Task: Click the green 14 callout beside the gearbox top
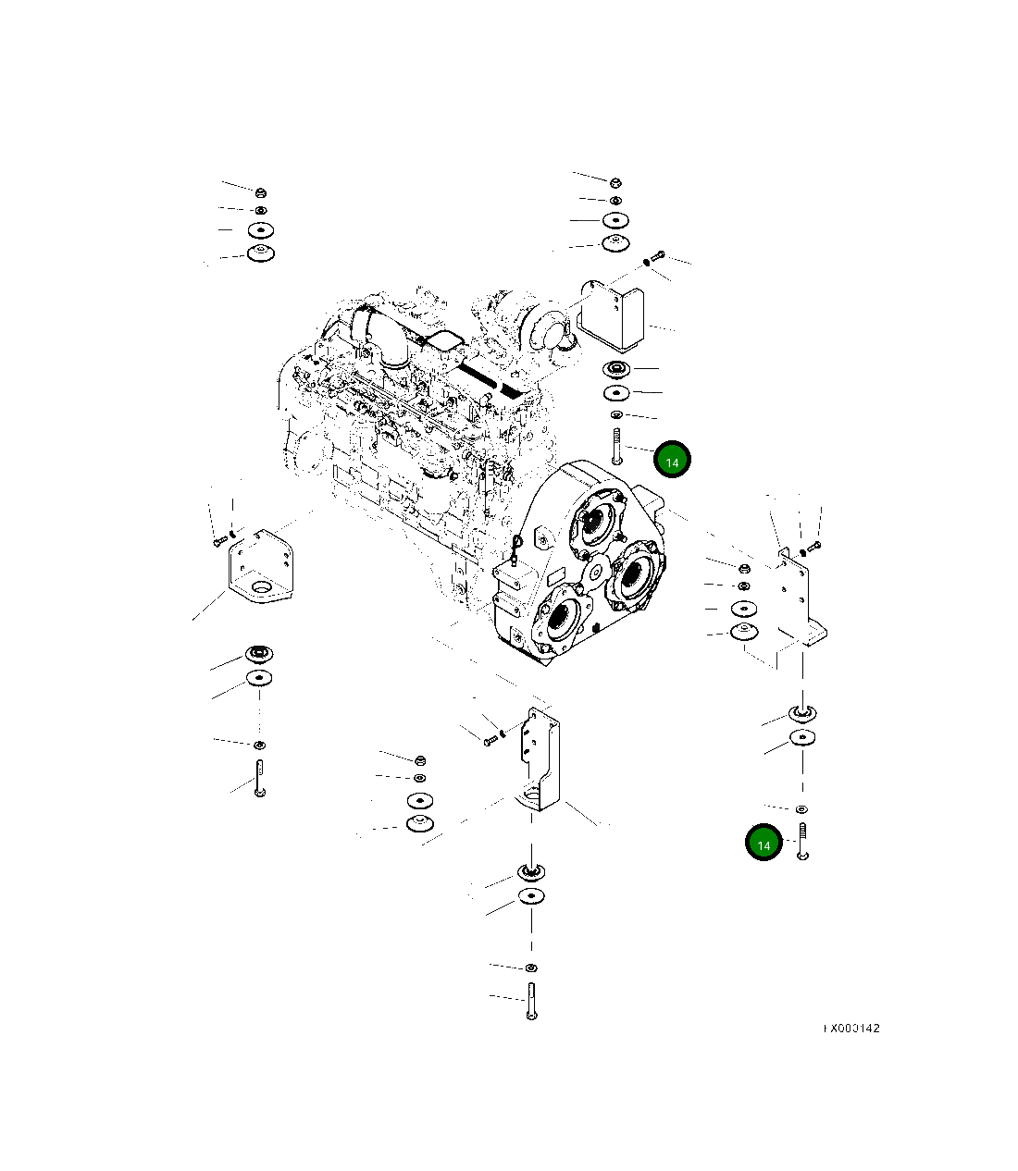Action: [x=672, y=461]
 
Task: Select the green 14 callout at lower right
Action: [x=763, y=844]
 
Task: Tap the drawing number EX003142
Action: [x=852, y=1028]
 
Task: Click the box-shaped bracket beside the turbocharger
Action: [x=612, y=314]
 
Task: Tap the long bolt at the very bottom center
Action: [x=531, y=1002]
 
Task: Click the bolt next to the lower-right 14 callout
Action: [x=802, y=840]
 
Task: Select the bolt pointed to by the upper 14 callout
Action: [x=615, y=446]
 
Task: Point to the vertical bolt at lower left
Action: [x=260, y=777]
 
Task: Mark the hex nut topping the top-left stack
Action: [x=261, y=192]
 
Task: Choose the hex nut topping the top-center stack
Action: [x=615, y=181]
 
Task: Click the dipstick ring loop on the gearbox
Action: [x=518, y=543]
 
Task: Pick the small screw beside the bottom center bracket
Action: [x=488, y=738]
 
